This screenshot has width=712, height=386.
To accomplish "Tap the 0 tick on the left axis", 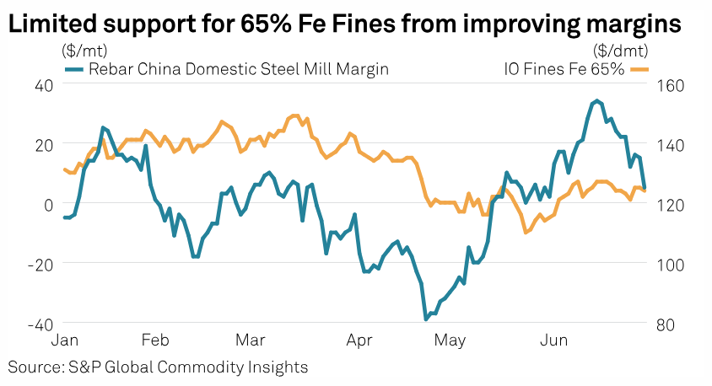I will [49, 205].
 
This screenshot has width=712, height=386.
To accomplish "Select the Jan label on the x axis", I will [66, 341].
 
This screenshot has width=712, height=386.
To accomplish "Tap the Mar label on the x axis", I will [251, 341].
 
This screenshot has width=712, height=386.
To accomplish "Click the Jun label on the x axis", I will [553, 341].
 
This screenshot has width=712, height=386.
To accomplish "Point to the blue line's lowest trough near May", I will [426, 319].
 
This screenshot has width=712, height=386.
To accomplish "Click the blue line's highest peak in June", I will [596, 101].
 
